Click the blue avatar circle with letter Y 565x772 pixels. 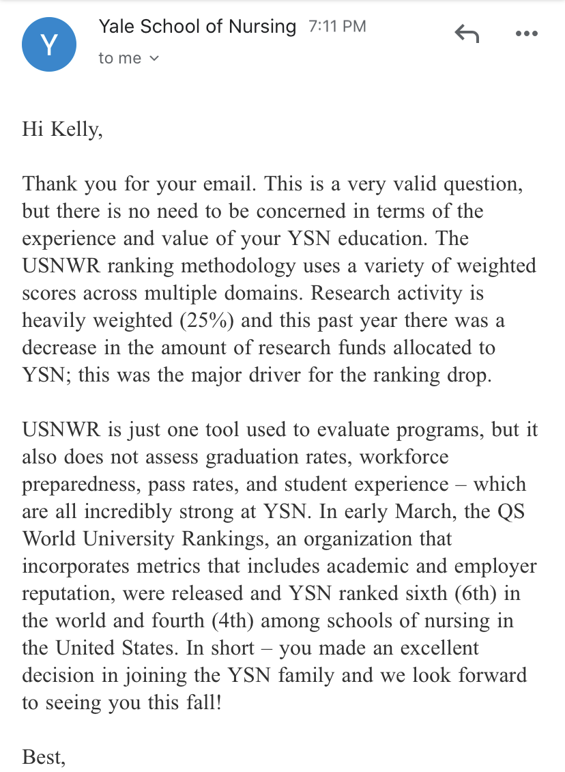coord(49,44)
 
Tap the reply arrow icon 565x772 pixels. coord(467,33)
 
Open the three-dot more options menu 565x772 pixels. coord(526,33)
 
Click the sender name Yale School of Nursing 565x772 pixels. coord(197,27)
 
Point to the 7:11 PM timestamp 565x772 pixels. coord(337,27)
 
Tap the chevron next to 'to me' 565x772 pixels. coord(154,59)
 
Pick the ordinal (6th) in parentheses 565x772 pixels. coord(478,592)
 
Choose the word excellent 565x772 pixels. coord(429,647)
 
